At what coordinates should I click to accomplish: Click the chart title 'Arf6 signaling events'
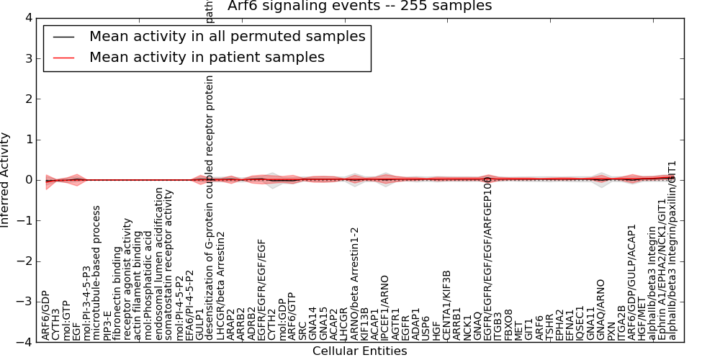(359, 6)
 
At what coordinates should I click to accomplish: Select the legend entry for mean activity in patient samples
(207, 57)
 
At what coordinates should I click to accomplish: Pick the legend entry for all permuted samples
(227, 36)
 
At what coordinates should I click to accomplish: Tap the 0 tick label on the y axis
(27, 180)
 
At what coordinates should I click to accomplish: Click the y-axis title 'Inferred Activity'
(6, 180)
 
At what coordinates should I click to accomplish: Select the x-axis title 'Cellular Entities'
(359, 351)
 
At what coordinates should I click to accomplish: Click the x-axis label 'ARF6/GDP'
(45, 315)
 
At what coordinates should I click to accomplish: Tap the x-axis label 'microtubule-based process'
(97, 273)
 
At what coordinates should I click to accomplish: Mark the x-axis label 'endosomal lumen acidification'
(159, 264)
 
